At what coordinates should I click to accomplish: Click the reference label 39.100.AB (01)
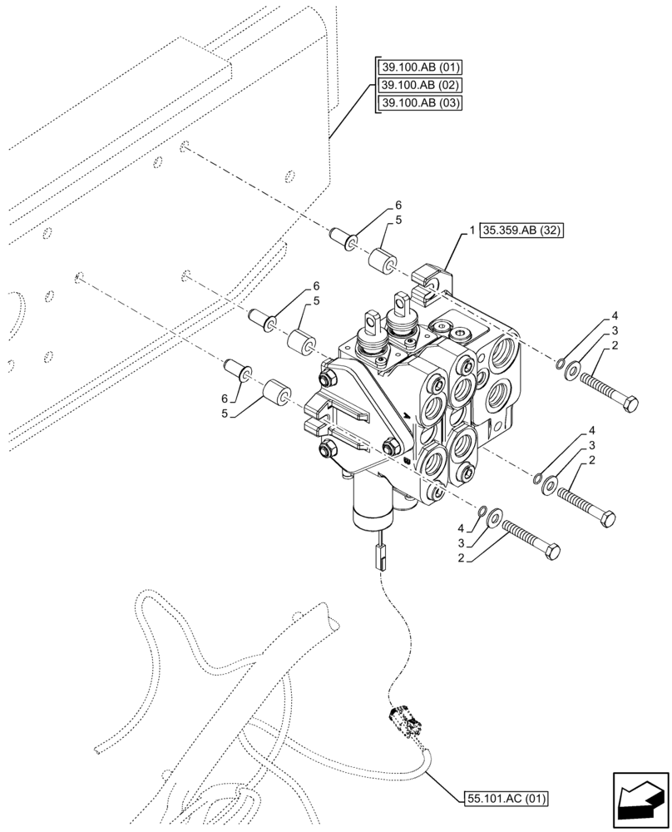420,67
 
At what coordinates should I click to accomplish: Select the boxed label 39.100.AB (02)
420,85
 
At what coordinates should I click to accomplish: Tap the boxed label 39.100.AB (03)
420,102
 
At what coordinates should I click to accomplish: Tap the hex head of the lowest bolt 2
551,552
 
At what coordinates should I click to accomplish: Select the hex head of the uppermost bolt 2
630,404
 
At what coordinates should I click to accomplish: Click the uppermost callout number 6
398,205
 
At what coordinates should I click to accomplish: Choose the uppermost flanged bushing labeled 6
344,236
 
